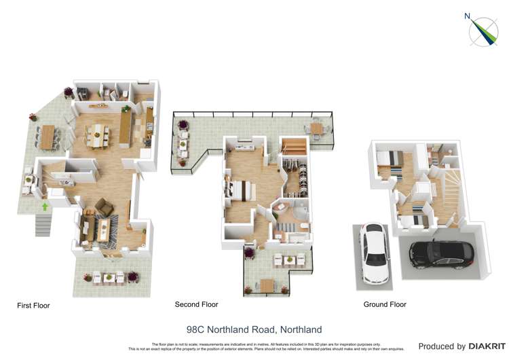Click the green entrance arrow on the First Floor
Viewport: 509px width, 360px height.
[45, 206]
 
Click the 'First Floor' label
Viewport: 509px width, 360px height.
[33, 306]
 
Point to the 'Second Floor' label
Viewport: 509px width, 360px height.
[196, 304]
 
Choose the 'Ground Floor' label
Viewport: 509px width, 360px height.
[385, 304]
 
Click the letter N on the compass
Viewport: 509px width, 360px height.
[468, 16]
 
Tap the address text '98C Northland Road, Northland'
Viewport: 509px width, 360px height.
[254, 329]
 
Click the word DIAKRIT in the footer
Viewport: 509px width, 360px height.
[485, 346]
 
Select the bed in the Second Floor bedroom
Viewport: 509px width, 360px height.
[240, 190]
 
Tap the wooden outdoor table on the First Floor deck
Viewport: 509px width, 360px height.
[48, 136]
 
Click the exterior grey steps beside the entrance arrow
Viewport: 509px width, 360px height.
[42, 223]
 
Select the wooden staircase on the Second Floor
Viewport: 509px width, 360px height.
[294, 145]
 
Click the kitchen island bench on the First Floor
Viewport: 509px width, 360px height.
[126, 128]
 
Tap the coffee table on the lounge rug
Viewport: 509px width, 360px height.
[103, 228]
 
